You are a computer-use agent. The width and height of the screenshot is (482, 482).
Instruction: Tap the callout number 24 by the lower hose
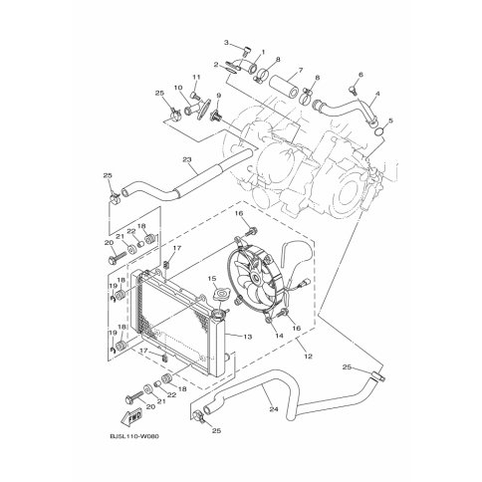point(243,406)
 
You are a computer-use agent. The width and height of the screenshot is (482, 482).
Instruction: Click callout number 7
point(297,72)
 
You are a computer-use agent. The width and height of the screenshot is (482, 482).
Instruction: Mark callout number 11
point(196,77)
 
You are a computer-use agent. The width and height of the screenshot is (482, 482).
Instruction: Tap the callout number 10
point(180,88)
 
